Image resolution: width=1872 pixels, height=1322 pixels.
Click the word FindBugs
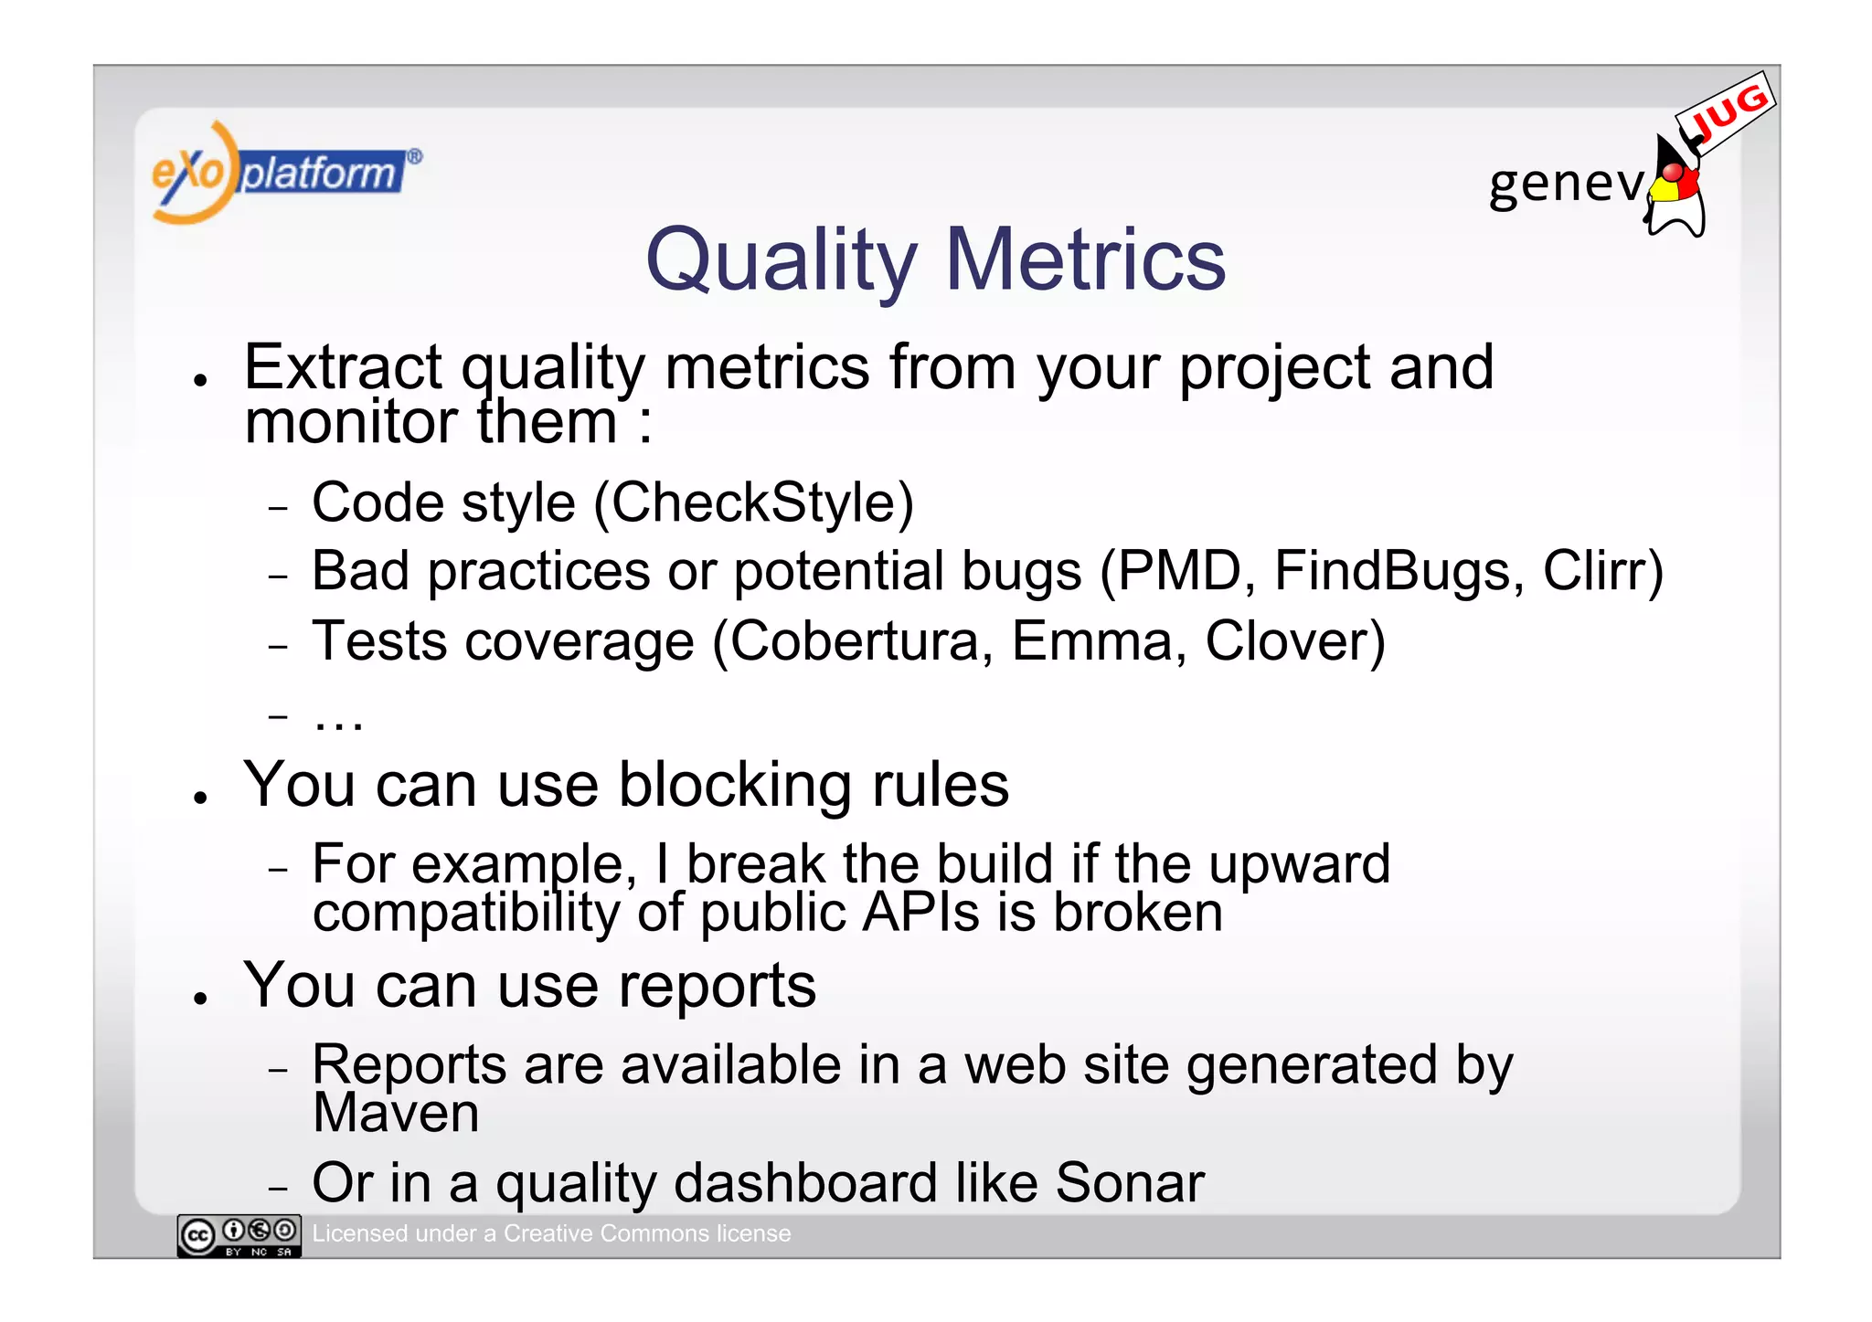tap(1399, 572)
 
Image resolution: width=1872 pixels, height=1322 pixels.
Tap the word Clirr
tap(1602, 572)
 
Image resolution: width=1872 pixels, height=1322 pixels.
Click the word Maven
tap(396, 1113)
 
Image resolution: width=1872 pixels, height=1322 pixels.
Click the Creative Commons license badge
tap(239, 1236)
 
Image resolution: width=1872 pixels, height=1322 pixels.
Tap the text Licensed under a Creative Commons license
tap(551, 1233)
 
